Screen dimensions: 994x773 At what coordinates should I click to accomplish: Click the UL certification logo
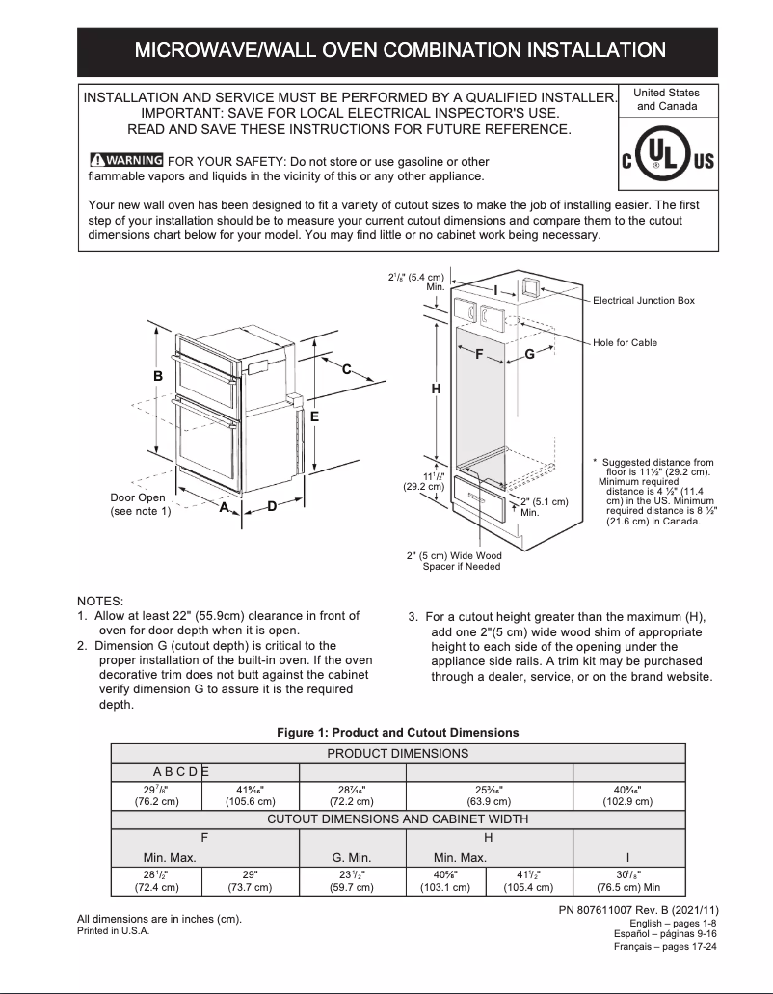(667, 159)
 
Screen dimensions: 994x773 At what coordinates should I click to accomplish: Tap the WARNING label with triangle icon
(125, 161)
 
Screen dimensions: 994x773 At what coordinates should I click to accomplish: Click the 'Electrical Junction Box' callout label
(643, 301)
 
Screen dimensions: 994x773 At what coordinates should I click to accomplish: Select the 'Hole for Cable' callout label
(625, 343)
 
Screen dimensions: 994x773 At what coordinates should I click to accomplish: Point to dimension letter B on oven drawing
(158, 376)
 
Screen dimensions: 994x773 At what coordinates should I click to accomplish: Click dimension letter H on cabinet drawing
(436, 389)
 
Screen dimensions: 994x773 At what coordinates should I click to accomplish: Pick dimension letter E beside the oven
(314, 416)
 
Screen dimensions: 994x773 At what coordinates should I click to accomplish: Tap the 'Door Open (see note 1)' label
(140, 504)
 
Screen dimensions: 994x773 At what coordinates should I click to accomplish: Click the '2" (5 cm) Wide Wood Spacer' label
(454, 561)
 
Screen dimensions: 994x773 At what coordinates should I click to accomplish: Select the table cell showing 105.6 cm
(251, 794)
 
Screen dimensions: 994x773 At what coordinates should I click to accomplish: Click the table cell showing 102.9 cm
(628, 794)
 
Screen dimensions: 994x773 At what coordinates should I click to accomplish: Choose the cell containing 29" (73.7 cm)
(251, 881)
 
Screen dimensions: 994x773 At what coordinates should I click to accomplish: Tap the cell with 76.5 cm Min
(628, 881)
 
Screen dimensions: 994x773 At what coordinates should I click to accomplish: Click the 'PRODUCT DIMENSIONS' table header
(397, 753)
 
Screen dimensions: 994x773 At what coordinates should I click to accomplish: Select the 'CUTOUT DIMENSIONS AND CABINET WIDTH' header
(397, 819)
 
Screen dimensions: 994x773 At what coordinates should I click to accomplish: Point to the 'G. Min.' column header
(351, 857)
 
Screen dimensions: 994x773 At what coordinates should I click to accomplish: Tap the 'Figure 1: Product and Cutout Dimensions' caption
(397, 733)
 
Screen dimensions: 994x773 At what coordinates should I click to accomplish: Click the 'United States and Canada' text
(667, 99)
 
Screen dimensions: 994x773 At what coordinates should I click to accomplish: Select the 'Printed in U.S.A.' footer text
(114, 931)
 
